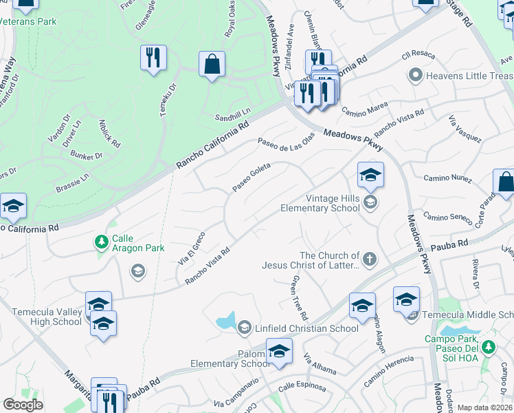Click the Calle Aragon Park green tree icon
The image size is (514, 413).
pos(102,241)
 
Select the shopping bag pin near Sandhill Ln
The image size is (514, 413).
pos(212,65)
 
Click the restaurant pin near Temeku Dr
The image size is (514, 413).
pos(153,58)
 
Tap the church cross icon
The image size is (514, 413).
pos(370,260)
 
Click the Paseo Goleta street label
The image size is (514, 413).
pos(251,178)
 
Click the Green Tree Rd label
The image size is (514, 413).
pos(300,292)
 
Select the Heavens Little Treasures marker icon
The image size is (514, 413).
pos(414,75)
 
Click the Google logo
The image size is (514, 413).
pos(23,405)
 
